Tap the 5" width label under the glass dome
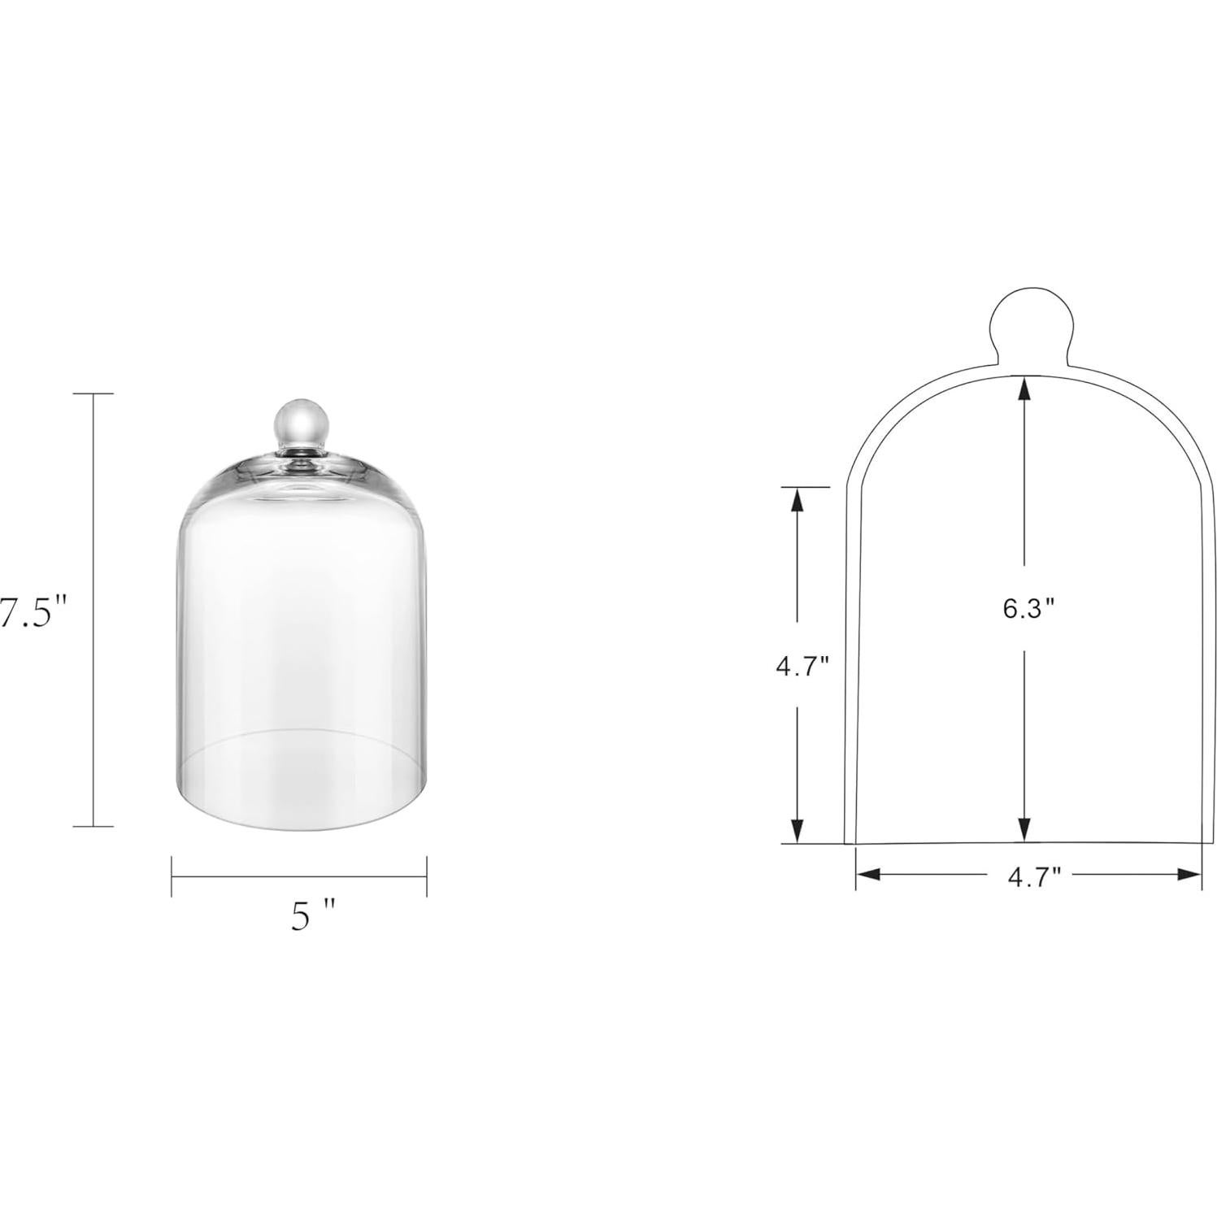pos(312,918)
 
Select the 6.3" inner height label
pos(1028,609)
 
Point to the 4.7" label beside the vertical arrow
pos(802,667)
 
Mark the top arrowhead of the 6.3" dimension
pos(1024,392)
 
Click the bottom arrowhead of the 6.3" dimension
pos(1024,829)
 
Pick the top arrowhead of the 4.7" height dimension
pos(798,500)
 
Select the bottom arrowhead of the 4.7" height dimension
pos(798,831)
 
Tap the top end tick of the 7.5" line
pos(93,393)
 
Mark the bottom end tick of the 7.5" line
pos(93,826)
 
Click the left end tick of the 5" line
pos(172,876)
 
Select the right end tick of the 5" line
pos(427,876)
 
